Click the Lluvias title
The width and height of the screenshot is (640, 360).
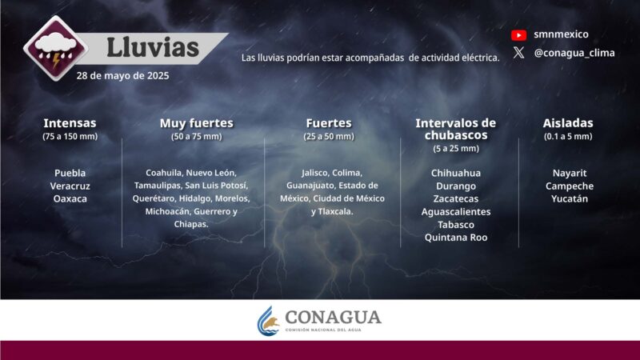153,47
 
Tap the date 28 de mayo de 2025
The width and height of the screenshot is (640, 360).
122,76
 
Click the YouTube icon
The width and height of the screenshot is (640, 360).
518,35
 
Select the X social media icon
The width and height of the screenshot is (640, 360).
518,54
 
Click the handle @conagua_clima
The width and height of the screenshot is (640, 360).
573,54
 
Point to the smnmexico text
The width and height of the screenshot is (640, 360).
561,34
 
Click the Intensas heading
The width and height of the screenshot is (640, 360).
70,123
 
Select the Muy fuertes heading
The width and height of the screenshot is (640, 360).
196,123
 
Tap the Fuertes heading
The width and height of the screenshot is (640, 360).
329,123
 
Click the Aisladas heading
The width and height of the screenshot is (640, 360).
568,123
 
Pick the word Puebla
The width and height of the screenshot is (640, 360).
70,173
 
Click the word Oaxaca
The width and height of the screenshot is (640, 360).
70,198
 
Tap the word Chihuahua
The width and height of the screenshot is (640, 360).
456,173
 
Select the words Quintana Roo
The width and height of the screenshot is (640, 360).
456,237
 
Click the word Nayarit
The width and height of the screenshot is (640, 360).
569,173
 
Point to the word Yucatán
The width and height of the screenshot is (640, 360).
569,198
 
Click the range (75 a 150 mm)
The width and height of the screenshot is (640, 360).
70,137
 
